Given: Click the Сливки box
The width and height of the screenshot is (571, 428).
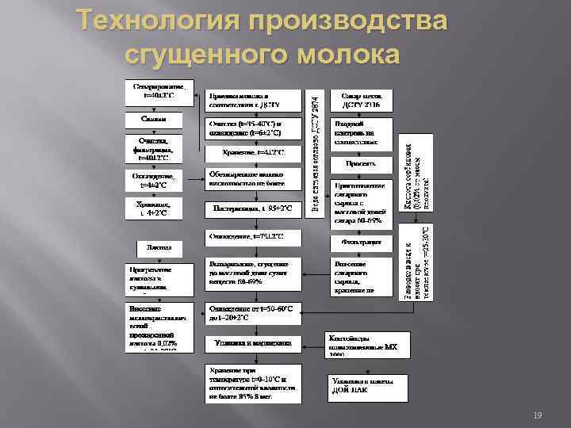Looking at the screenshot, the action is coord(153,118).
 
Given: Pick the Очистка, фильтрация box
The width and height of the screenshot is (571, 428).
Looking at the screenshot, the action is coord(155,147).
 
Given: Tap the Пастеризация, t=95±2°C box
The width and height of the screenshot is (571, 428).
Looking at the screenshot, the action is coord(254,209).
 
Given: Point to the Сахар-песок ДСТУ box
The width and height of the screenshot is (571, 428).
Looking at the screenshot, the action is coord(362,98).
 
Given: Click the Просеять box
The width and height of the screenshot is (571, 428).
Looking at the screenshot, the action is coord(362,162).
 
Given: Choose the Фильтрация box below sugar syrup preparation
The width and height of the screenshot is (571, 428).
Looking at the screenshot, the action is coord(362,240).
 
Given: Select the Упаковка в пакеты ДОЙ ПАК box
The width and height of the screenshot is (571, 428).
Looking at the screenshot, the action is coord(366,385).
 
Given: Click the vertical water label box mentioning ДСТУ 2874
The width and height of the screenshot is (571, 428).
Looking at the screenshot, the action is coord(316,151).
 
